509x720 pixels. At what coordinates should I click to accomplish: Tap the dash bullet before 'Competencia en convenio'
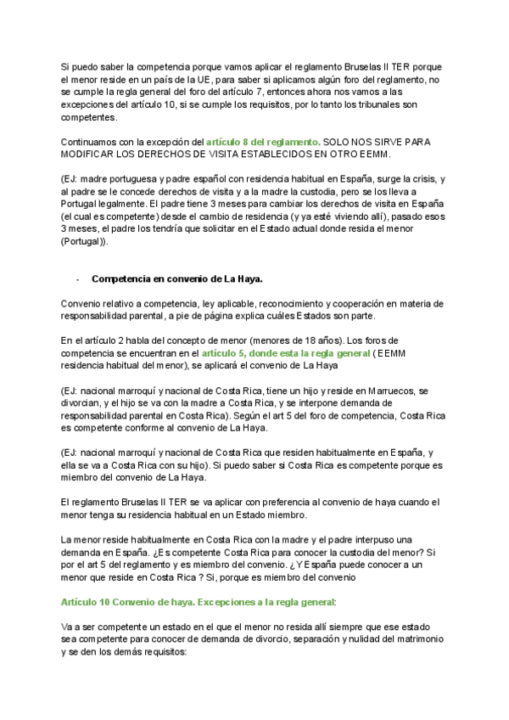(78, 278)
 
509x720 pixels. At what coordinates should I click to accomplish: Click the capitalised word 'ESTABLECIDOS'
(286, 155)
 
